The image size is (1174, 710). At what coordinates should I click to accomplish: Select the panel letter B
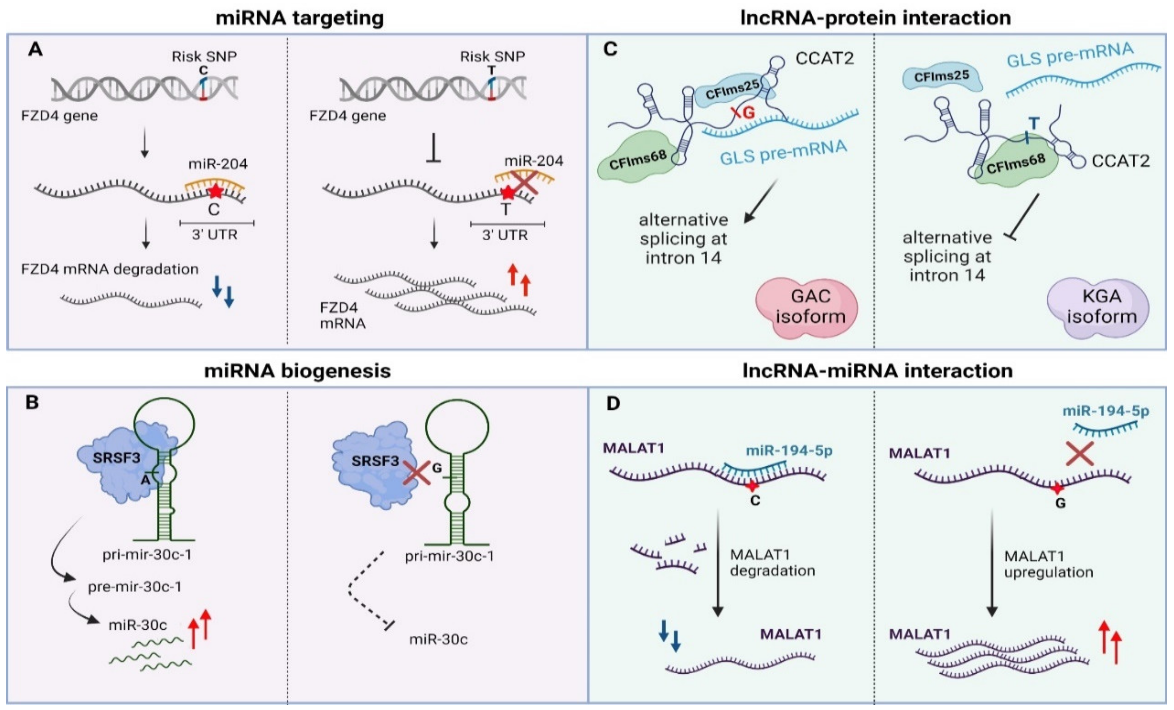point(32,403)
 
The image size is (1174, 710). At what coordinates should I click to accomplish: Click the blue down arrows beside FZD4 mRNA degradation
point(223,291)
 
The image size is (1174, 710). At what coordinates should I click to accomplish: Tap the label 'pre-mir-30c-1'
point(135,587)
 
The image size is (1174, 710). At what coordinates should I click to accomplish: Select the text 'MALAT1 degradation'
point(772,563)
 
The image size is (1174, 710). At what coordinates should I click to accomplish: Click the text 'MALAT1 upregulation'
point(1048,564)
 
